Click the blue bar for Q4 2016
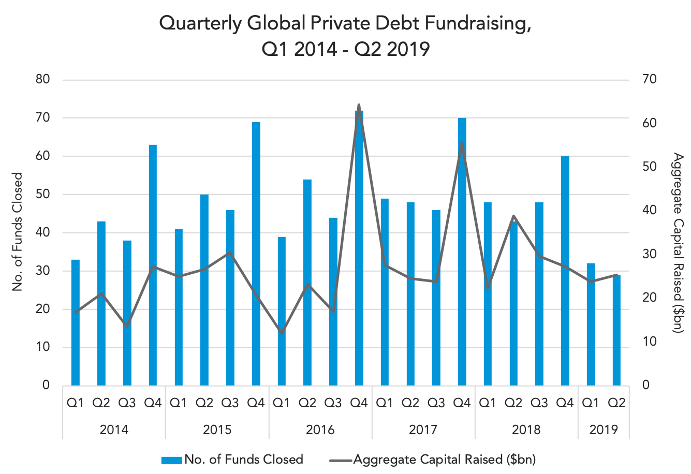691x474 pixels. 359,248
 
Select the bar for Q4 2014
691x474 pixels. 153,265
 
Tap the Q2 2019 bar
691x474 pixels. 616,330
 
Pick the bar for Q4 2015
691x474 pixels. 256,254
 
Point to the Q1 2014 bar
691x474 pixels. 76,322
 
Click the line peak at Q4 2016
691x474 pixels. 359,105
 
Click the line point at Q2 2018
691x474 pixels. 513,216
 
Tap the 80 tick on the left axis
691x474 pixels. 42,79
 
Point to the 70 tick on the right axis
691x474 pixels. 650,79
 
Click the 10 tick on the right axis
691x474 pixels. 650,342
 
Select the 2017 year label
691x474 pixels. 423,429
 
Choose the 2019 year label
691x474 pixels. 604,429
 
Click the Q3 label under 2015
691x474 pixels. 230,403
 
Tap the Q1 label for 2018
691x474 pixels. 488,403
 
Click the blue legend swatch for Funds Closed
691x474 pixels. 171,461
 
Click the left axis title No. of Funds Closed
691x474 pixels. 18,232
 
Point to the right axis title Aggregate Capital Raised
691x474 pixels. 678,242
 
